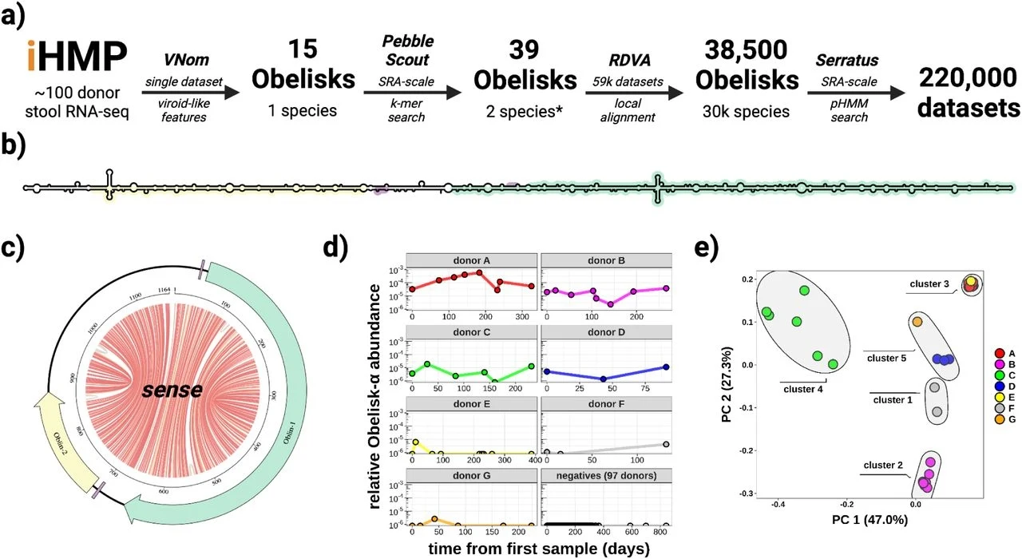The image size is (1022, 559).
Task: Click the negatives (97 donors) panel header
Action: (608, 477)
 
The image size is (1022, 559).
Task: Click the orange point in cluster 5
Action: (917, 321)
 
